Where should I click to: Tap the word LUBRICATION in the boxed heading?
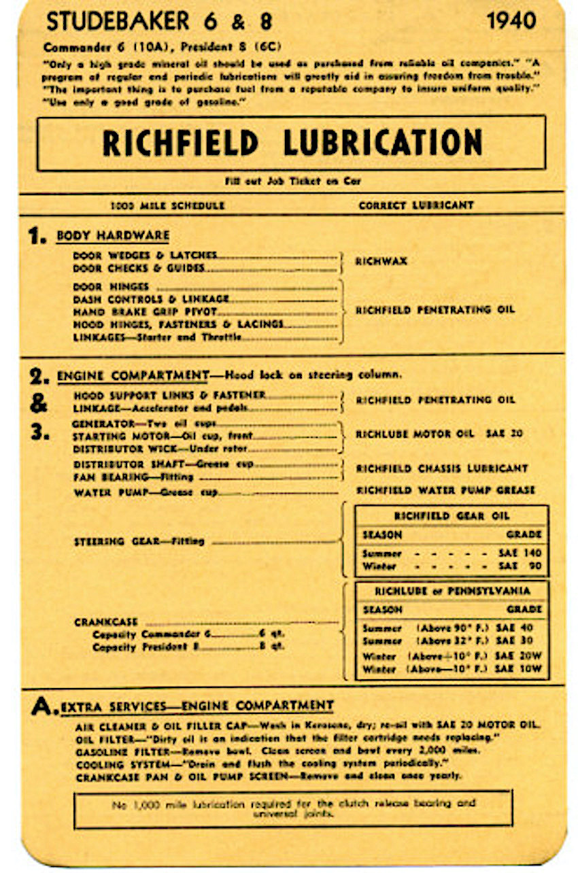click(383, 143)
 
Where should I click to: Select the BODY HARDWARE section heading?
click(113, 236)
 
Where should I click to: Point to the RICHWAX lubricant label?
click(381, 260)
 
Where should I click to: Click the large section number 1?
click(36, 237)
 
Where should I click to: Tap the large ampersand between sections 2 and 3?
click(38, 403)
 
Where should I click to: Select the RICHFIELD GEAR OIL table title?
click(451, 516)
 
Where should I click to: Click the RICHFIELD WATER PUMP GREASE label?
click(445, 490)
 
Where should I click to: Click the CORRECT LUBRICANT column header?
click(416, 205)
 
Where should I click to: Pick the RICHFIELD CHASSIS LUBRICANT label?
click(441, 468)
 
